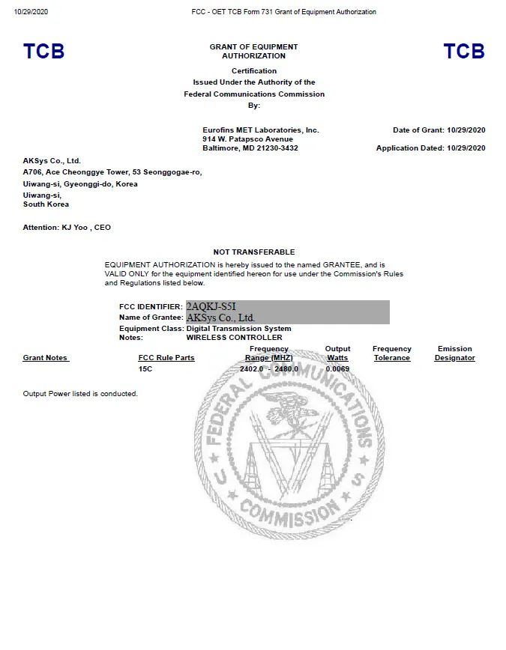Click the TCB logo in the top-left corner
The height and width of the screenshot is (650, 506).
[43, 52]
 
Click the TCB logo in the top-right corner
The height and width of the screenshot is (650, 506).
[464, 52]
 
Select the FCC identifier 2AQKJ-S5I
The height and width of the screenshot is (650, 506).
[212, 306]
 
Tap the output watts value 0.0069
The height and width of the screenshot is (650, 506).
[337, 368]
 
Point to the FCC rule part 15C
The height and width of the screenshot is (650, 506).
[146, 368]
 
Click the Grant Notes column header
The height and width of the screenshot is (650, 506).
[46, 358]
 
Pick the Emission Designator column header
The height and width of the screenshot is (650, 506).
[454, 353]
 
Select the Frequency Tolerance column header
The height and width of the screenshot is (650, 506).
[391, 353]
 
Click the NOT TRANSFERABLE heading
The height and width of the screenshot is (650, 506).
[254, 252]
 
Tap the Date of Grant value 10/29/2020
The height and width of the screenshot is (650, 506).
[466, 130]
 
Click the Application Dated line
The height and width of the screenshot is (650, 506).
[430, 148]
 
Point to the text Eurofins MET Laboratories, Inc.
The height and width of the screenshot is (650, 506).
[261, 130]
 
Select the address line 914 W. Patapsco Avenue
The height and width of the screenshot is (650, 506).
[247, 139]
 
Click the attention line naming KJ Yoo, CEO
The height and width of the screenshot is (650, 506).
[67, 227]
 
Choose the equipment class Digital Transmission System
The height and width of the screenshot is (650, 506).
[238, 328]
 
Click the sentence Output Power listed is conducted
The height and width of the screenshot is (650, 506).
[80, 394]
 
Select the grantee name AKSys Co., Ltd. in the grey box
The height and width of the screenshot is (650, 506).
[220, 318]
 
